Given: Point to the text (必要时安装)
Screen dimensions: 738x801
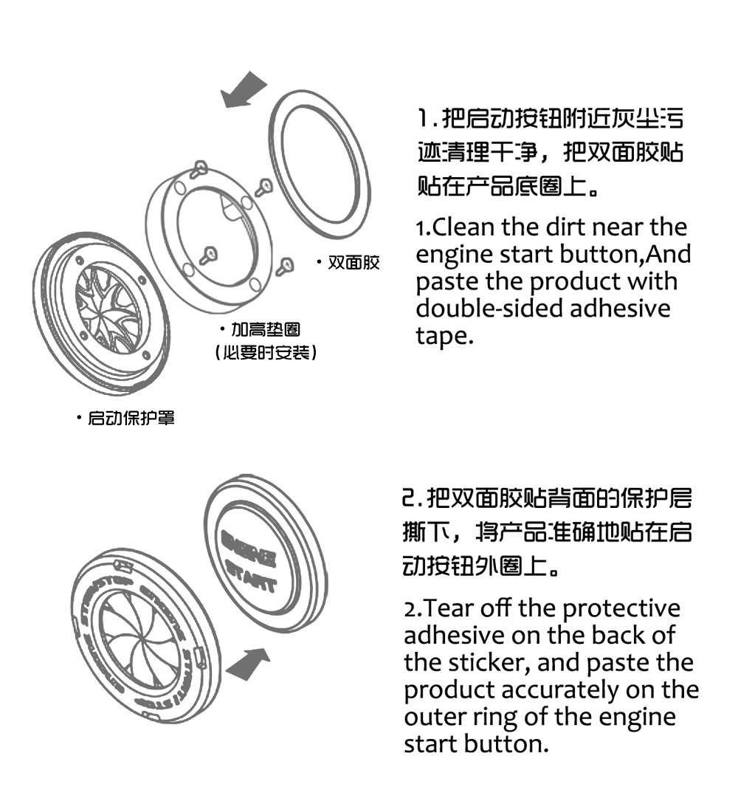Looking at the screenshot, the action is click(x=266, y=353).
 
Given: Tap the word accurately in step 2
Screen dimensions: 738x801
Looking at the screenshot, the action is click(x=561, y=690).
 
